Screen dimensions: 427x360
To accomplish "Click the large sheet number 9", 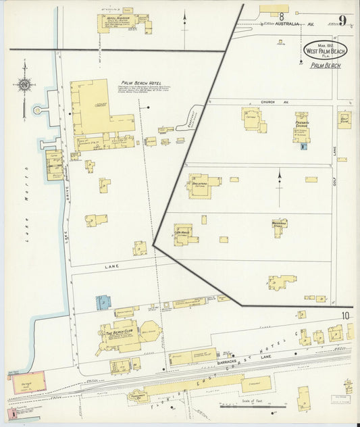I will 343,20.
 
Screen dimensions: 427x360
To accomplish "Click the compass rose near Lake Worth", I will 24,86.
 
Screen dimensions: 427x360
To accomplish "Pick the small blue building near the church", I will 304,145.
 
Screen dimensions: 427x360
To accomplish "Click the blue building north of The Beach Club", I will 104,301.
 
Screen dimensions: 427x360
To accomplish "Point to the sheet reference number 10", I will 345,316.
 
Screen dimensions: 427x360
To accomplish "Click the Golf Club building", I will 344,119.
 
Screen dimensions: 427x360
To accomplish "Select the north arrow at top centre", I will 185,22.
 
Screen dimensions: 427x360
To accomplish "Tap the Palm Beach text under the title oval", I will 326,66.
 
